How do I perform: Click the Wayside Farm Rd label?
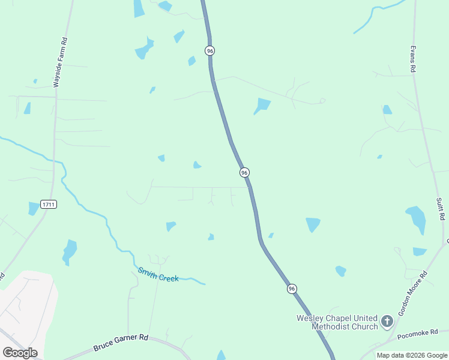click(x=59, y=62)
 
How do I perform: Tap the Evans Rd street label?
click(x=413, y=59)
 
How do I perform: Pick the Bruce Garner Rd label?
click(x=121, y=343)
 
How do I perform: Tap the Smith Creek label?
click(x=158, y=275)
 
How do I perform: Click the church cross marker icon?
click(x=387, y=322)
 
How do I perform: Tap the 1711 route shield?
click(x=49, y=205)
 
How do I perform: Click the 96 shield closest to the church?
click(x=292, y=289)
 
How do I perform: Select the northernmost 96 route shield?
click(x=209, y=51)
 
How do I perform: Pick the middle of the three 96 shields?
click(x=244, y=172)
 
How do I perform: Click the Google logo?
click(x=20, y=352)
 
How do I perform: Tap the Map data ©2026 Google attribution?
click(x=412, y=355)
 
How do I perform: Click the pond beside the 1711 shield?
click(x=33, y=208)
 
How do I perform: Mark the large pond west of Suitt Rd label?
click(x=416, y=218)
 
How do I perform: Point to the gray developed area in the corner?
click(x=24, y=306)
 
